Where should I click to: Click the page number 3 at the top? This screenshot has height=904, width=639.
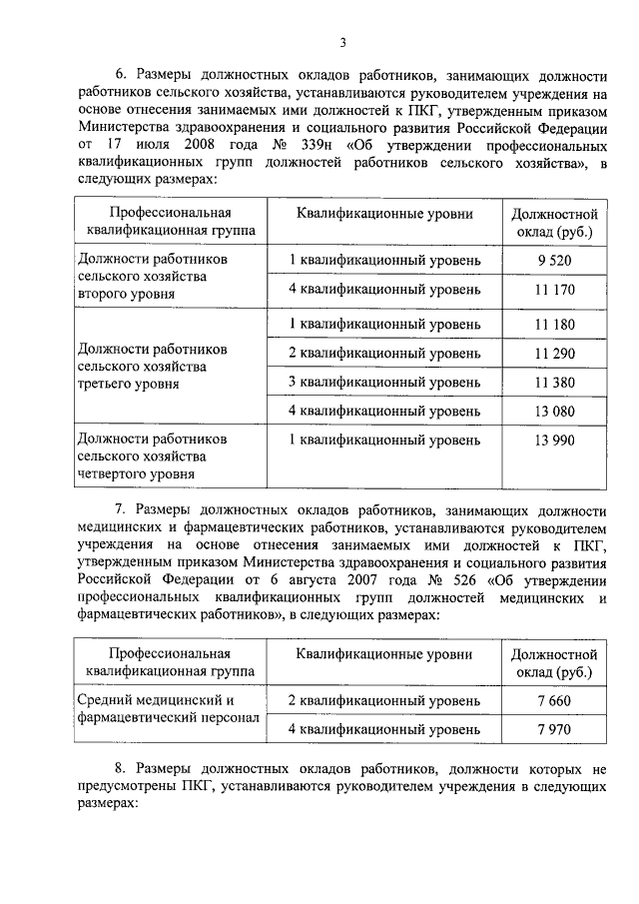[x=341, y=42]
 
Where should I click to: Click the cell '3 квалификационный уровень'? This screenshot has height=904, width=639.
[x=384, y=382]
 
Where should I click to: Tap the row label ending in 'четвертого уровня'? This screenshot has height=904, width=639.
[x=153, y=456]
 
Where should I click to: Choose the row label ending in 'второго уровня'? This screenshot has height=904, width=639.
[x=148, y=277]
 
